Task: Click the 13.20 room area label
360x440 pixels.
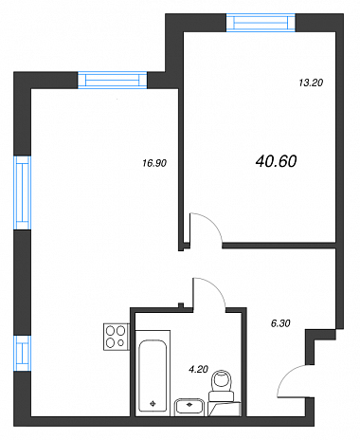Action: (311, 82)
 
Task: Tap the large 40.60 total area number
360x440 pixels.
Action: (277, 161)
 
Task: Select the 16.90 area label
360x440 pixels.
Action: (154, 163)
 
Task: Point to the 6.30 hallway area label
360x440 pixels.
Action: (280, 323)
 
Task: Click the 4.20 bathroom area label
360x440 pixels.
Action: (198, 369)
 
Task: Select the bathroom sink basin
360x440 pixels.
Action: (189, 406)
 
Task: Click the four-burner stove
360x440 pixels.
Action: (117, 337)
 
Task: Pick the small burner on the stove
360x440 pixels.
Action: (120, 342)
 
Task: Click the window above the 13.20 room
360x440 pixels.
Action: (261, 23)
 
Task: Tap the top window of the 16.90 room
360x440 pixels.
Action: (113, 81)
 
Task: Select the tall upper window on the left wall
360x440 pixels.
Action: (23, 192)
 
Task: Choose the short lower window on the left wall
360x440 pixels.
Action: (23, 353)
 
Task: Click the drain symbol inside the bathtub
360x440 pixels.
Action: (153, 403)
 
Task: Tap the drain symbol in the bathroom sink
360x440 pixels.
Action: (189, 404)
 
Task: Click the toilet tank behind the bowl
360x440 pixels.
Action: (222, 396)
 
